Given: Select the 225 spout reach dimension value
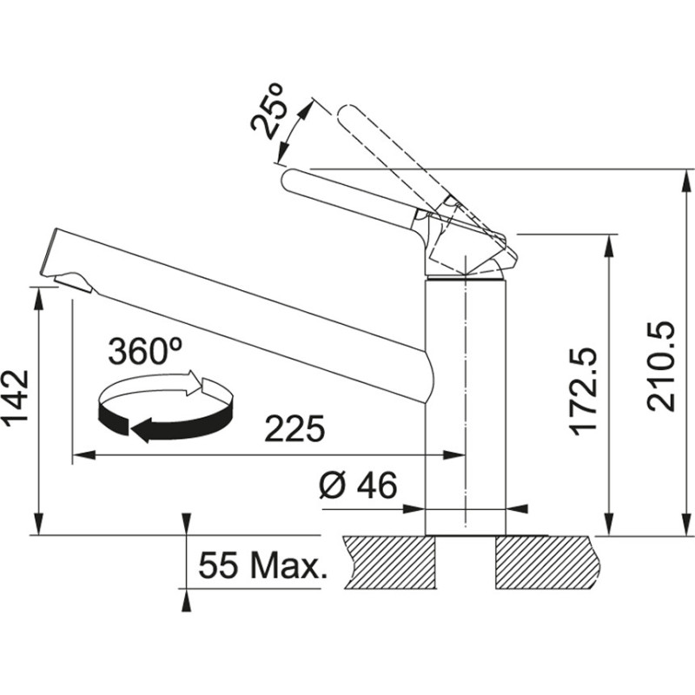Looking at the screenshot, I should [x=295, y=428].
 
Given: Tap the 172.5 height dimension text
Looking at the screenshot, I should [x=584, y=391].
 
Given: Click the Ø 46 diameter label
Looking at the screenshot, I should [x=357, y=486].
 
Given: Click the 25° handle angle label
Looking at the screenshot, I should [x=269, y=110].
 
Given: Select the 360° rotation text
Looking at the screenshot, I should [x=144, y=351].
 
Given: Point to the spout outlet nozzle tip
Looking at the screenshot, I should [x=75, y=280].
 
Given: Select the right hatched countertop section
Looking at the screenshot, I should [x=547, y=561].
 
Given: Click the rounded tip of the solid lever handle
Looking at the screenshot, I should [x=292, y=181].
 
